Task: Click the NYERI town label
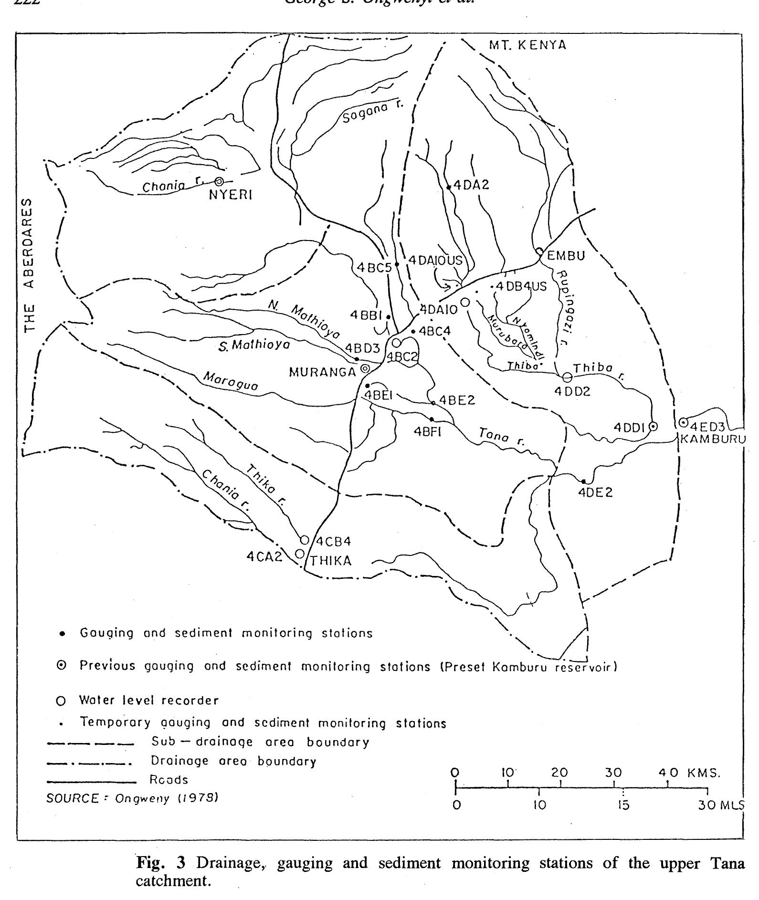click(x=230, y=195)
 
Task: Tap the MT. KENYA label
click(x=527, y=45)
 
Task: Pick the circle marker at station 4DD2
click(x=567, y=377)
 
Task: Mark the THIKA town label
click(x=331, y=561)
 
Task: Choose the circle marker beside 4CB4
click(x=305, y=540)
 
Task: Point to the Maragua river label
click(x=231, y=381)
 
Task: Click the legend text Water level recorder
click(x=148, y=701)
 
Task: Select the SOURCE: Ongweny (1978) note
click(x=132, y=798)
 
